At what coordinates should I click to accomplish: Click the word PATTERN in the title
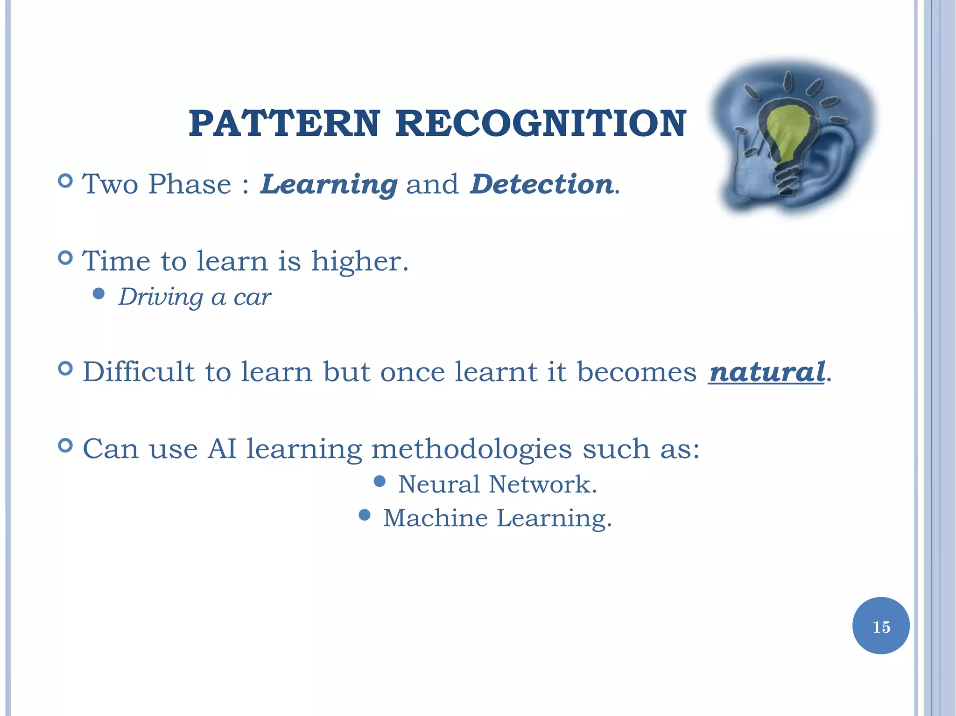[x=284, y=124]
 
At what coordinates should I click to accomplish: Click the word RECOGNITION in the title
[x=541, y=124]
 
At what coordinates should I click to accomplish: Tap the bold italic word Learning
[x=329, y=184]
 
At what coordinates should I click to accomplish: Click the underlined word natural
[x=766, y=372]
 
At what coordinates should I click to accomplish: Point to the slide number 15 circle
[x=880, y=626]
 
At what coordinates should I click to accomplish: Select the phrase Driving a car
[x=194, y=297]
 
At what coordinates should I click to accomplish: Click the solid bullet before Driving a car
[x=98, y=293]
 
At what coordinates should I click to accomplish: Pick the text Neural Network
[x=497, y=484]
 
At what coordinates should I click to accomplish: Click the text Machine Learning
[x=497, y=518]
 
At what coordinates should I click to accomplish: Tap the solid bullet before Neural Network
[x=380, y=481]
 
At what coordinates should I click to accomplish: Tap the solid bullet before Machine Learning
[x=365, y=515]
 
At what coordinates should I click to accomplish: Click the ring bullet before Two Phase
[x=66, y=181]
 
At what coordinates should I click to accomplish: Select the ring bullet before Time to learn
[x=66, y=257]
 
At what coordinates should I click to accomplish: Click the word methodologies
[x=471, y=449]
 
